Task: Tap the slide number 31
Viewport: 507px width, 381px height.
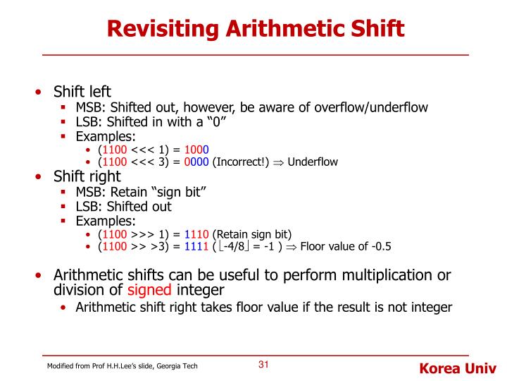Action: pyautogui.click(x=264, y=365)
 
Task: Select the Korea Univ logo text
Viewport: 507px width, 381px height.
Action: pyautogui.click(x=458, y=368)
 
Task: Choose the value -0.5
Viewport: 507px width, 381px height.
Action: pyautogui.click(x=378, y=246)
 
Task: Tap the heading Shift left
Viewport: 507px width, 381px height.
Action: pyautogui.click(x=82, y=92)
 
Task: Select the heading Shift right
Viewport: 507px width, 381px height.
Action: pyautogui.click(x=87, y=176)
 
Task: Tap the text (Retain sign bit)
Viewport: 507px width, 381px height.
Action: pyautogui.click(x=251, y=234)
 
